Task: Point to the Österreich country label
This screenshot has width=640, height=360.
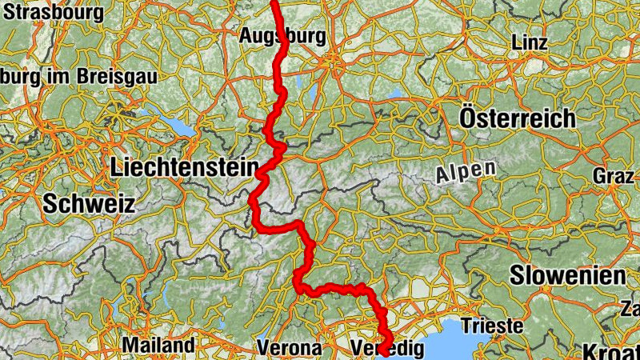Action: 518,118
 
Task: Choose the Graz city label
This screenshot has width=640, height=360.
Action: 613,175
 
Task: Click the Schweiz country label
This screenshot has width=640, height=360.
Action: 88,203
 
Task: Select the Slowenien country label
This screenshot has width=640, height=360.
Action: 567,276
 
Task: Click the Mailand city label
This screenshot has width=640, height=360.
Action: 158,346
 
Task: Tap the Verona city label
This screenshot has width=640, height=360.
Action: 290,348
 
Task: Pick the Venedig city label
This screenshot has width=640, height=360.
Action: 386,348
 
